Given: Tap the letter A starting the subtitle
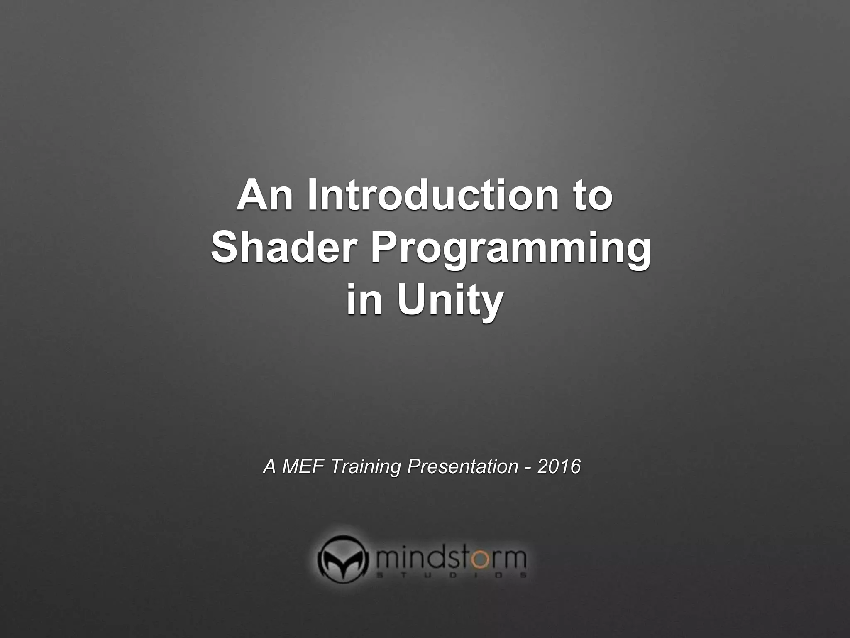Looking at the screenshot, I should (270, 466).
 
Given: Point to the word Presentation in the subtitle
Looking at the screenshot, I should (462, 466).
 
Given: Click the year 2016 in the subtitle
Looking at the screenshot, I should (559, 466).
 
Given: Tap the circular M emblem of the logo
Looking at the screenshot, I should (343, 559).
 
